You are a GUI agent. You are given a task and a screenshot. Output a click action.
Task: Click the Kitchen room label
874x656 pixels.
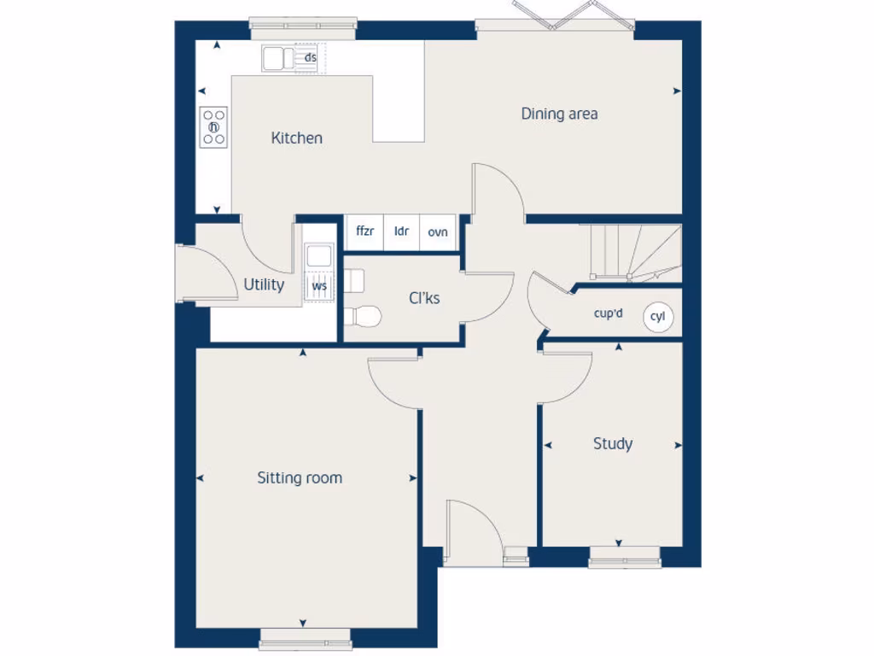coord(296,138)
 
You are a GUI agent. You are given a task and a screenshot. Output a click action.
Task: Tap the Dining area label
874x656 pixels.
coord(559,114)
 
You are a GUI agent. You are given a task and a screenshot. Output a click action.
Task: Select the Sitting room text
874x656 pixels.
coord(300,477)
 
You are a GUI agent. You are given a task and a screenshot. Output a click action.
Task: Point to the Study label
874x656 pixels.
coord(613,443)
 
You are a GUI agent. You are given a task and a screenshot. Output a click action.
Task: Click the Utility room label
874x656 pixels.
coord(264,284)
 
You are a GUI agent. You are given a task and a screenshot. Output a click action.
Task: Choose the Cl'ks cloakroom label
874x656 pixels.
coord(424,298)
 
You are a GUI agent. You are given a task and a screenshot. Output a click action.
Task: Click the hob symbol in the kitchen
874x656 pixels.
coord(214,127)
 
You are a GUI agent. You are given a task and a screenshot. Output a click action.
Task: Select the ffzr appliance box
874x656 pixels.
coord(364,231)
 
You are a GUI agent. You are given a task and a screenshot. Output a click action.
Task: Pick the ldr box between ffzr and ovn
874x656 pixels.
coord(401,231)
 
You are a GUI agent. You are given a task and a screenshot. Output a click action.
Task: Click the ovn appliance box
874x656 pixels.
coord(438,231)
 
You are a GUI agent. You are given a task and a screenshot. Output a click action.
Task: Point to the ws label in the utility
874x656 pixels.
coord(319,286)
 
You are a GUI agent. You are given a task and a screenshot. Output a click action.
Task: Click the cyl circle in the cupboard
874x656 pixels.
coord(657,316)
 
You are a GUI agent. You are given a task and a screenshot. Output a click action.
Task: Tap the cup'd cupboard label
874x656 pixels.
coord(608,313)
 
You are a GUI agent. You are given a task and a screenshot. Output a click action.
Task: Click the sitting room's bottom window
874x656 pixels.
coord(305,637)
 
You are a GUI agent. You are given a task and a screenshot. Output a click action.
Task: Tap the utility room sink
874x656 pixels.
coord(319,255)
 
